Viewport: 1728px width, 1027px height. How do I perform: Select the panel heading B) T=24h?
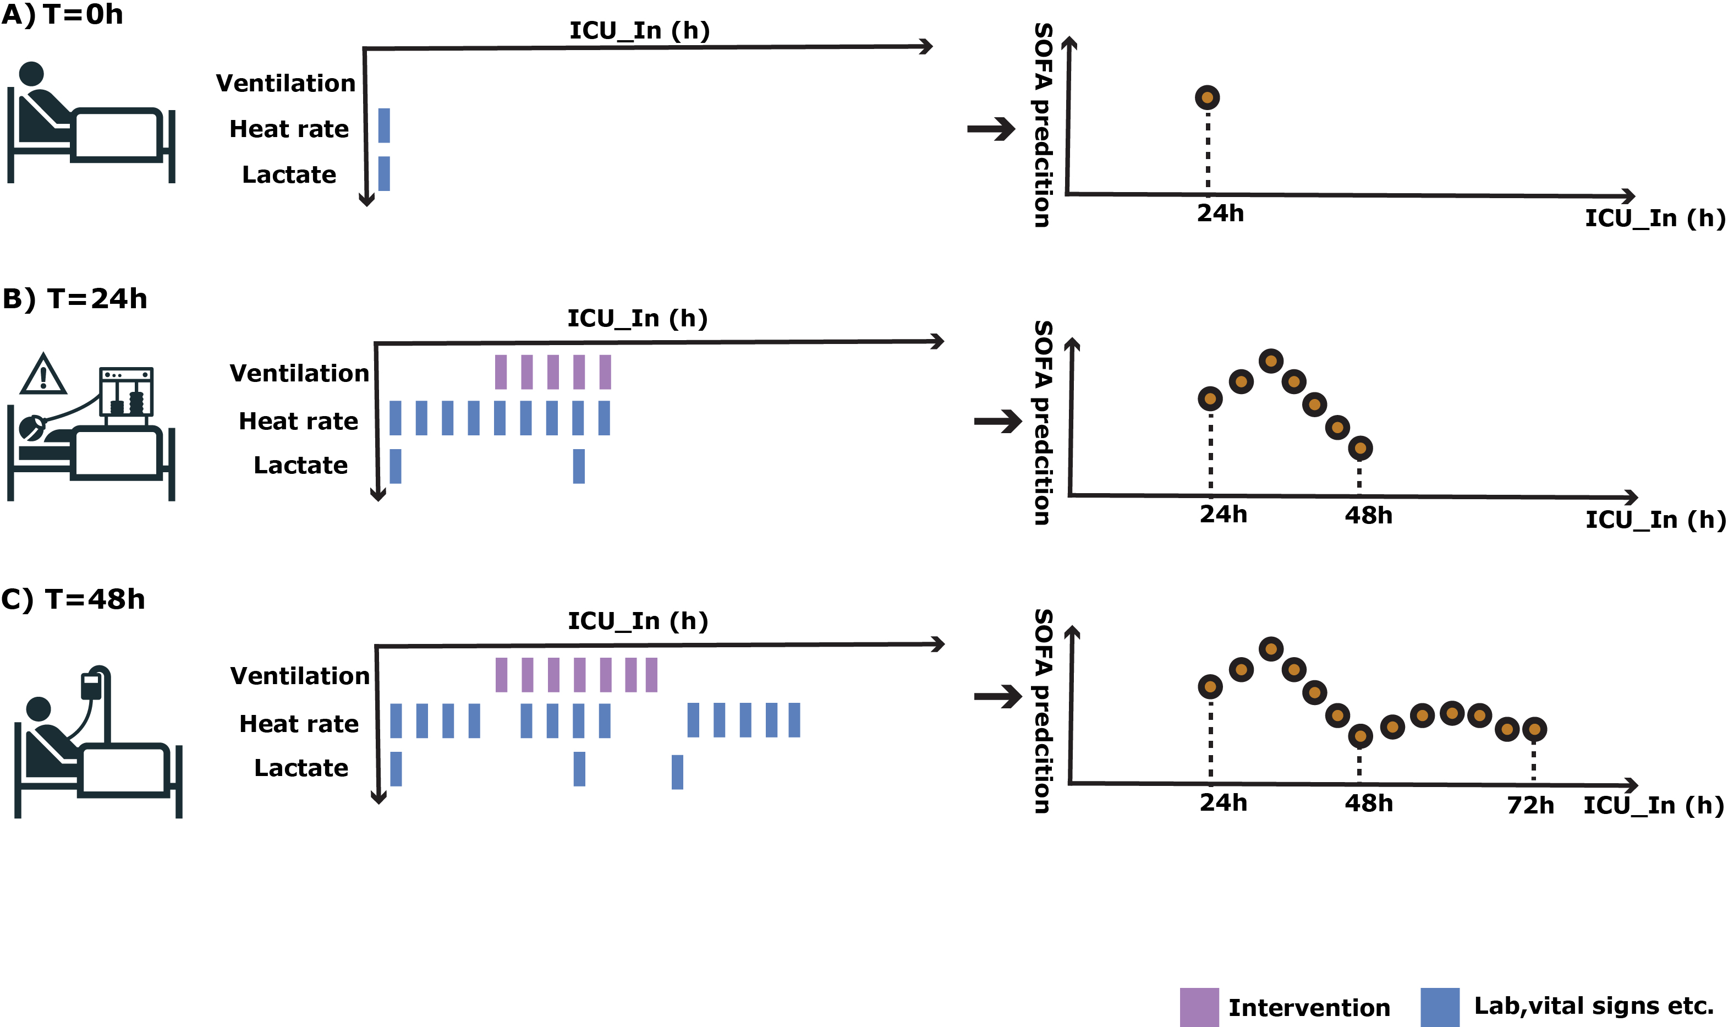[75, 299]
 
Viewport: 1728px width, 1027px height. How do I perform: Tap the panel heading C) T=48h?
[73, 599]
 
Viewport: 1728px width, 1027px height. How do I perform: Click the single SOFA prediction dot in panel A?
[1207, 97]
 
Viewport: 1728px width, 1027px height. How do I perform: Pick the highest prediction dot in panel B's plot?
[1271, 360]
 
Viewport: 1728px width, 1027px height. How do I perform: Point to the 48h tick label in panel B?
[1368, 516]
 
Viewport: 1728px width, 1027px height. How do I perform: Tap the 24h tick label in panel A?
[1220, 213]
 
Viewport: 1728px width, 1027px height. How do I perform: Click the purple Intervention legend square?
[1199, 1007]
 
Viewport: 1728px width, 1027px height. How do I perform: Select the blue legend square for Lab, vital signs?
[1440, 1007]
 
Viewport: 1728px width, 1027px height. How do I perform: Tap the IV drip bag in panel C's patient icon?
[91, 686]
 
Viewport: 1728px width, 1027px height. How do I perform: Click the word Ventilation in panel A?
[286, 83]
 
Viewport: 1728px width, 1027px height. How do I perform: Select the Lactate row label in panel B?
[300, 465]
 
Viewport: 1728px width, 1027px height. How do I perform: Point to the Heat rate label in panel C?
[299, 724]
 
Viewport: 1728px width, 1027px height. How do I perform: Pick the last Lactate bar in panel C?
[677, 772]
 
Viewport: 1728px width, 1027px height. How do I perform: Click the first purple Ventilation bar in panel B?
[501, 372]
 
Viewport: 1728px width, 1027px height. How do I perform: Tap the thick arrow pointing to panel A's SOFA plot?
[991, 129]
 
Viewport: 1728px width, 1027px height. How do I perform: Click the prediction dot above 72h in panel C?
[1534, 729]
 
